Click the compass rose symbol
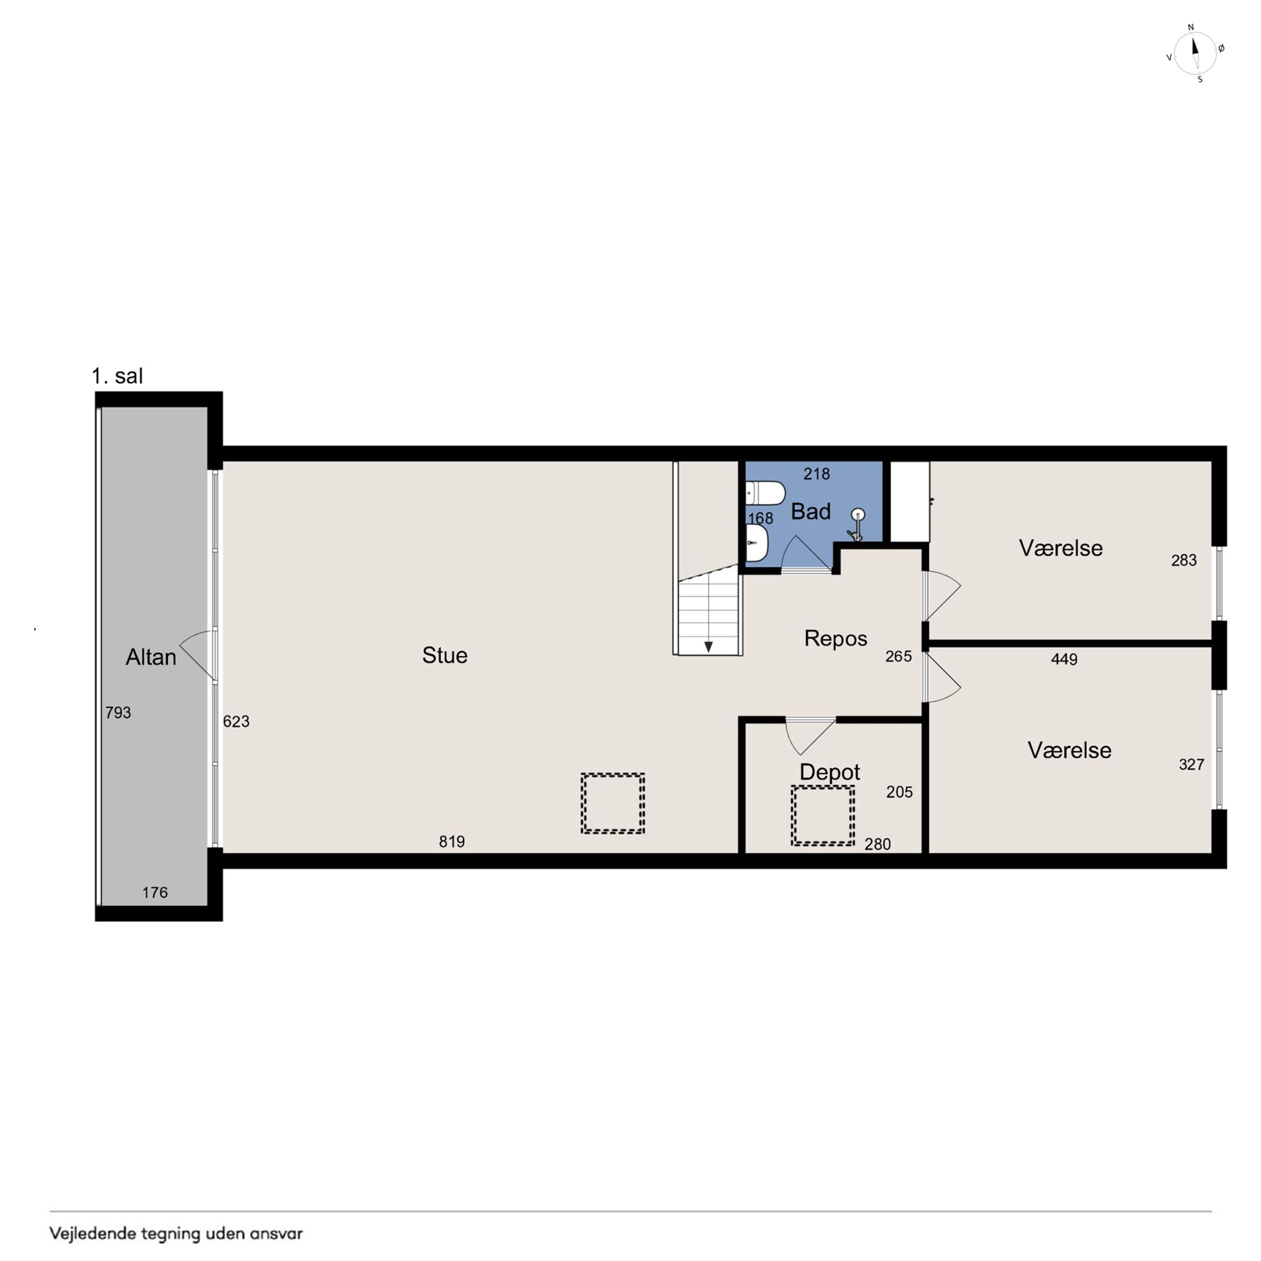1195,53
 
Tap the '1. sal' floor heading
117,376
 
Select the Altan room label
151,657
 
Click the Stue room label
444,655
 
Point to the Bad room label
810,511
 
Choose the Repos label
836,638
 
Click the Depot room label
829,772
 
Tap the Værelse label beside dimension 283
1061,548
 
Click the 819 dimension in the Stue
452,841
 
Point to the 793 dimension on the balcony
118,713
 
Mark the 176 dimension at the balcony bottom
155,892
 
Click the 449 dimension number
1064,659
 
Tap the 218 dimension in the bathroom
817,474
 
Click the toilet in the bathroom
765,493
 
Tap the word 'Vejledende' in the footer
93,1233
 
